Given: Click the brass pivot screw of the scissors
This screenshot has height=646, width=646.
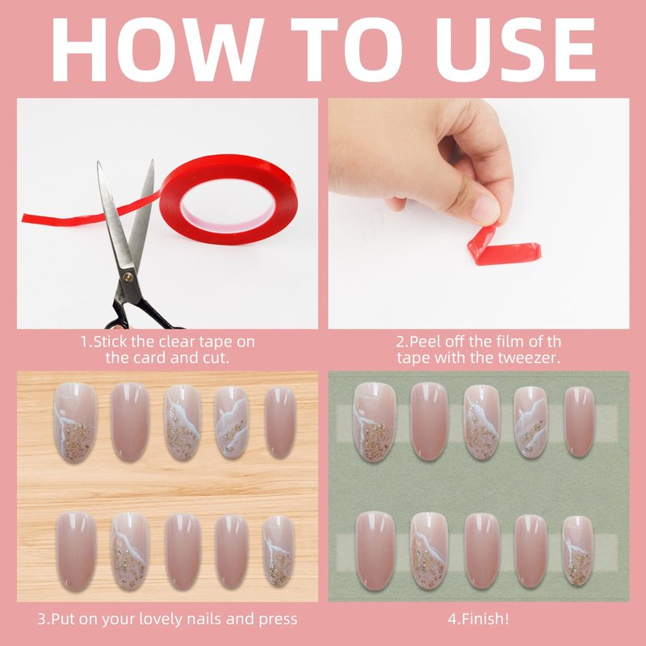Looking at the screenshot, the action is [128, 277].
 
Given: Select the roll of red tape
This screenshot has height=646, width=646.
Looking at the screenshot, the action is [229, 199].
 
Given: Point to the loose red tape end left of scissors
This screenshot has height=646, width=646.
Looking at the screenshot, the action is [62, 216].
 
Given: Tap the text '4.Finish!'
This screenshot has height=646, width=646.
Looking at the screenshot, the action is [478, 619].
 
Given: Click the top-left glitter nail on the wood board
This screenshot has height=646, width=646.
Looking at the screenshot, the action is [75, 422].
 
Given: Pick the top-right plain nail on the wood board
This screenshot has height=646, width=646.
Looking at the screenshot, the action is [280, 422].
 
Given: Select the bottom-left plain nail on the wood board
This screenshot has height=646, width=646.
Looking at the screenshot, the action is [76, 552].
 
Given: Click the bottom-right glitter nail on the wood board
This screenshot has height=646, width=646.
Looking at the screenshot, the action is [279, 551].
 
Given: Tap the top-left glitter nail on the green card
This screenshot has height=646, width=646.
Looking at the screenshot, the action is [375, 422].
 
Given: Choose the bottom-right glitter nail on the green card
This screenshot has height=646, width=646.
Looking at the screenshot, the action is [577, 551].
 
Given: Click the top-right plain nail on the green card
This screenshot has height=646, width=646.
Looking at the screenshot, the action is [579, 422].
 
